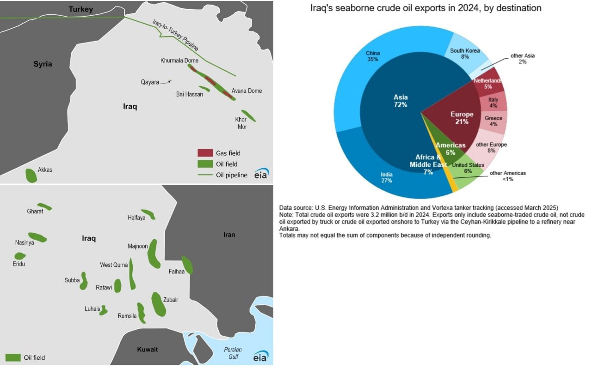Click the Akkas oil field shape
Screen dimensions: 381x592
pyautogui.click(x=31, y=175)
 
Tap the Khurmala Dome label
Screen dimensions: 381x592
pyautogui.click(x=179, y=60)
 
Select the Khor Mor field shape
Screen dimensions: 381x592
pyautogui.click(x=248, y=115)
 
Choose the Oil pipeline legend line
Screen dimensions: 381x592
pyautogui.click(x=205, y=175)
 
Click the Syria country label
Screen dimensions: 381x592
pyautogui.click(x=43, y=64)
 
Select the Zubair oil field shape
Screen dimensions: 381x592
pyautogui.click(x=159, y=304)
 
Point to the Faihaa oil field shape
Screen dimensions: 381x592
pyautogui.click(x=187, y=265)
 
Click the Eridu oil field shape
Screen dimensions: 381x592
pyautogui.click(x=20, y=256)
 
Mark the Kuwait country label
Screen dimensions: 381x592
pyautogui.click(x=148, y=349)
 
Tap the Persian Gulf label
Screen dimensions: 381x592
pyautogui.click(x=233, y=353)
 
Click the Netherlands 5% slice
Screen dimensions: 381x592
pyautogui.click(x=488, y=83)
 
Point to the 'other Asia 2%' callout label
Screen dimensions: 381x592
pyautogui.click(x=523, y=59)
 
